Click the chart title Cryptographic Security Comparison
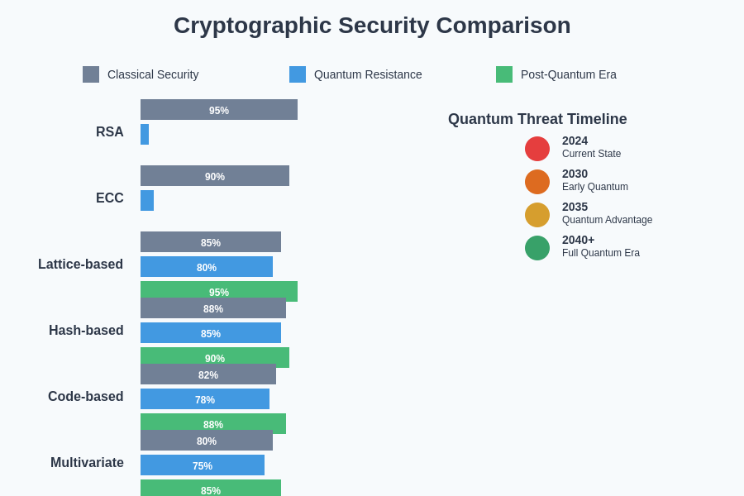(372, 26)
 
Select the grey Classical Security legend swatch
(91, 74)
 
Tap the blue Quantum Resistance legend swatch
(298, 74)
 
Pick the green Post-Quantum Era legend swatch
(504, 74)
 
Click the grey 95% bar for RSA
(219, 110)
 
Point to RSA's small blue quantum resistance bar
(145, 135)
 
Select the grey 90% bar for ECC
(215, 176)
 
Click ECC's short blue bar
(147, 201)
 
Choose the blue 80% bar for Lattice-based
(207, 267)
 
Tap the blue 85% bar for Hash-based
(211, 333)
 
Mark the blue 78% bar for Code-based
(205, 399)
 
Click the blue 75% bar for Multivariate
(203, 465)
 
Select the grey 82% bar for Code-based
(208, 374)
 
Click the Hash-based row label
(86, 331)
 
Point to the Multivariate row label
(87, 463)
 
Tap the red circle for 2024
(537, 149)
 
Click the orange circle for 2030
(537, 182)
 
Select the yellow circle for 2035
(537, 215)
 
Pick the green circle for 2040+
(537, 248)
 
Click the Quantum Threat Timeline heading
(537, 119)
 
